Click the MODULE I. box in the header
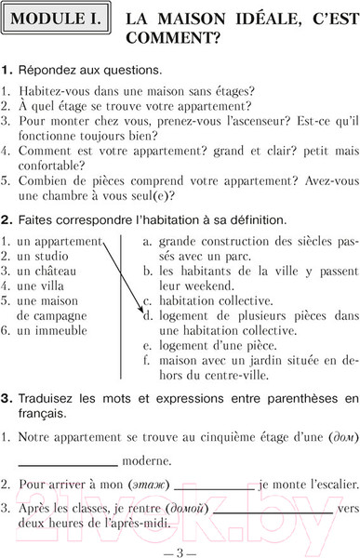click(58, 20)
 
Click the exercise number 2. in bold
click(8, 219)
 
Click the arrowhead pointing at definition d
click(143, 312)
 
